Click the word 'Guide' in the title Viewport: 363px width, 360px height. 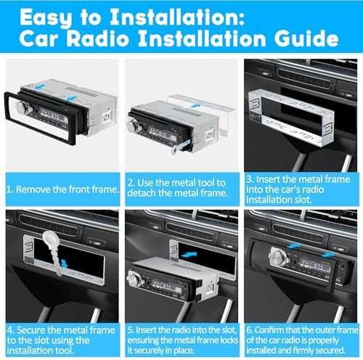click(306, 38)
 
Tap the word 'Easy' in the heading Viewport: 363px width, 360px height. click(46, 18)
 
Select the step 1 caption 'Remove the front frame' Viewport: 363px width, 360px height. click(67, 189)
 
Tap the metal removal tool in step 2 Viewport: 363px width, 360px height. click(180, 148)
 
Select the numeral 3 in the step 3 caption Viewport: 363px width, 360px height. click(250, 179)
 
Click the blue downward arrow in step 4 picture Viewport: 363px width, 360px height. click(64, 263)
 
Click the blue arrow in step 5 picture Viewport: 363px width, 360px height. click(189, 255)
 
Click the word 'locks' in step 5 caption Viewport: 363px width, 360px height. click(229, 340)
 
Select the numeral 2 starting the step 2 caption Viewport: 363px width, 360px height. click(131, 183)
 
